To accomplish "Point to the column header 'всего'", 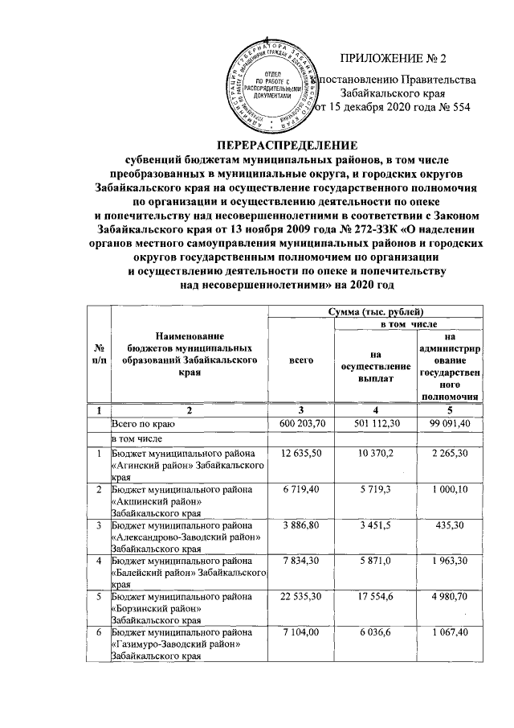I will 300,362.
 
